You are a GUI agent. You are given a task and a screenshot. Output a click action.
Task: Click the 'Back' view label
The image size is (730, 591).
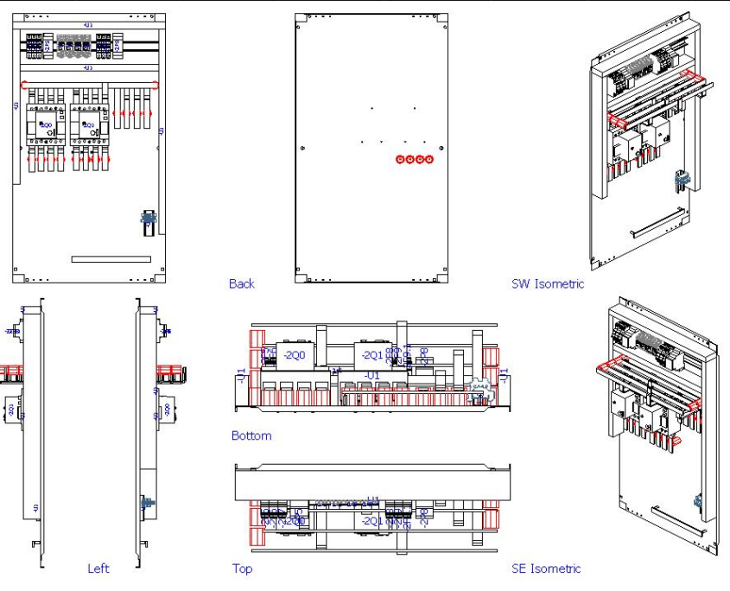click(242, 283)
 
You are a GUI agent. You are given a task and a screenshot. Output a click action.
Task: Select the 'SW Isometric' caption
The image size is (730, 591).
click(548, 283)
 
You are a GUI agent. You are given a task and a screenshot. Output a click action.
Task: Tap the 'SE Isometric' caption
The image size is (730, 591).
click(547, 569)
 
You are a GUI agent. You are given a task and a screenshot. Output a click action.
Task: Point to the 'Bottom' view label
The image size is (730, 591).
click(251, 435)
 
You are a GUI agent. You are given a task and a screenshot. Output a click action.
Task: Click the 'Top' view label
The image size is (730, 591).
click(242, 569)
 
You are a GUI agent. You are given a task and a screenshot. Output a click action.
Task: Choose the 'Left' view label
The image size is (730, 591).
click(98, 569)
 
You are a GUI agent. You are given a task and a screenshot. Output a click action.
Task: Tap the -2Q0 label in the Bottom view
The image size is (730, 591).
click(293, 356)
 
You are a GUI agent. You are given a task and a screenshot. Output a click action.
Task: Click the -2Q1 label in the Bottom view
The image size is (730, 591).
click(371, 356)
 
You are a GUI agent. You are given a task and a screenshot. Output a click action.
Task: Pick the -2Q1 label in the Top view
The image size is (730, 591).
click(371, 521)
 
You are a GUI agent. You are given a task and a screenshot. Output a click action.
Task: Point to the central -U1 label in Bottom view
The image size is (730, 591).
click(371, 376)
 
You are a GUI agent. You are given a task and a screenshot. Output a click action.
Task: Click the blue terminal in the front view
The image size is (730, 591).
click(148, 219)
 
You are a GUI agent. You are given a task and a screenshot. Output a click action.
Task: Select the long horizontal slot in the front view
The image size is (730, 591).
click(111, 258)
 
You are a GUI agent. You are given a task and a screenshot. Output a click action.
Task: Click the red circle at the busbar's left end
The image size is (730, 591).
click(22, 85)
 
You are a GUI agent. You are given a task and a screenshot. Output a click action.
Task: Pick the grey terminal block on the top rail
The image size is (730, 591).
click(71, 45)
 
